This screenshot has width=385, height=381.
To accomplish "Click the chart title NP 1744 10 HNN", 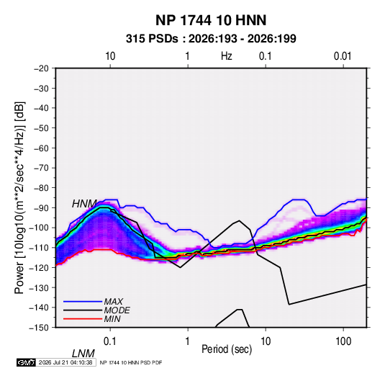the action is pos(211,20).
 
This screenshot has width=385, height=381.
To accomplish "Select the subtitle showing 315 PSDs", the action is pos(211,39).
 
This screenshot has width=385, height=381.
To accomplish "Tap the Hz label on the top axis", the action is pos(227,56).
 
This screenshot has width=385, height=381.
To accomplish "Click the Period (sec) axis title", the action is pos(227,349).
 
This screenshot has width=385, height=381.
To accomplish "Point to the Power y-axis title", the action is pos(19,198).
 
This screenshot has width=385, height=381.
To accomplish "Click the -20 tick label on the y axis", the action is pos(41,68).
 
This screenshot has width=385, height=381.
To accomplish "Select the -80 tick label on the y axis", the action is pos(41,188).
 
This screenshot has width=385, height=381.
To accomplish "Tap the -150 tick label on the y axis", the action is pos(39,328).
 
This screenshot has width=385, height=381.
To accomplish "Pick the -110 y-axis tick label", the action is pos(39,248).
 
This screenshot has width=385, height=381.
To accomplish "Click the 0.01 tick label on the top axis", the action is pos(343,56).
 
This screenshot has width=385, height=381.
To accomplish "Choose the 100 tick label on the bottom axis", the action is pos(343,341).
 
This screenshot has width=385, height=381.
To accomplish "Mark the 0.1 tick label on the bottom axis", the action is pos(109,341).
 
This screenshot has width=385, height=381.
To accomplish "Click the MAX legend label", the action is pos(114,302).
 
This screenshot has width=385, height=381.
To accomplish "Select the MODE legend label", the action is pos(117,310).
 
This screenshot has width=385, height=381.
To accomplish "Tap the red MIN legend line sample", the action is pos(83,319).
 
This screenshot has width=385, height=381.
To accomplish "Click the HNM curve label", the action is pos(84,204).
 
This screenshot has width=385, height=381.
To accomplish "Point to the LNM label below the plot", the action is pos(83,354).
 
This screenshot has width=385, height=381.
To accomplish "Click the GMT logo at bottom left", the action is pos(27,362).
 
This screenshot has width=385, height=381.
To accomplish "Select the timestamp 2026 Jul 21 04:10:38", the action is pos(65,362).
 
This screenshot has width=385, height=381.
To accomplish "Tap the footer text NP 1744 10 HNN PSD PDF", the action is pos(131,362).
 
